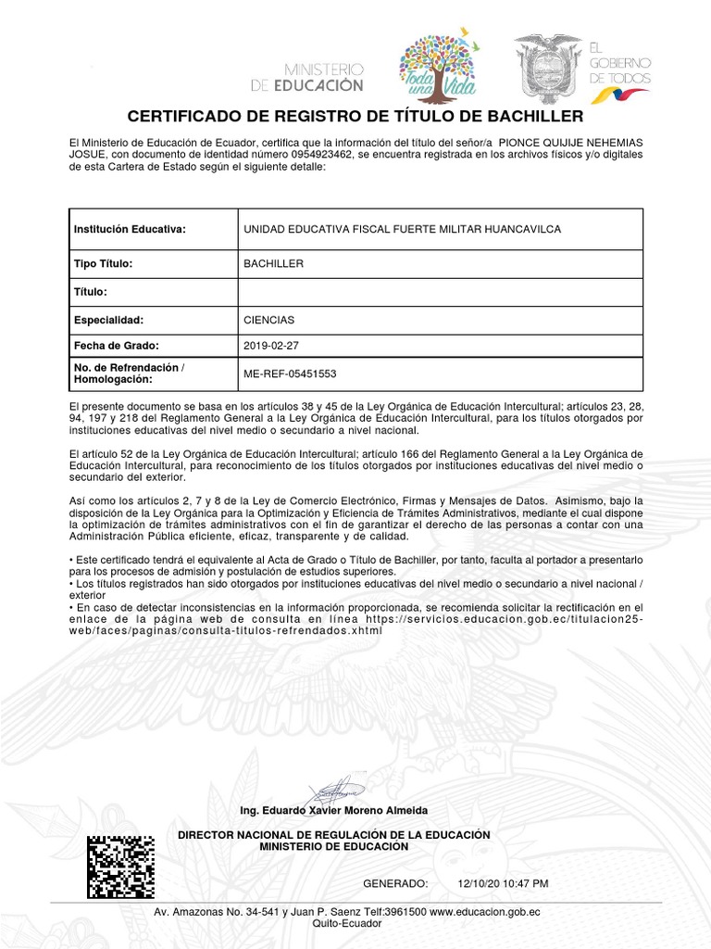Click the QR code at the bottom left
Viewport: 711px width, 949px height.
tap(120, 867)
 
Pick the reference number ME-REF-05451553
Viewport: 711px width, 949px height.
tap(290, 374)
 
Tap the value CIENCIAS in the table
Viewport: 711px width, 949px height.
tap(268, 320)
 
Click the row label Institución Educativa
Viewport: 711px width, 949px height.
tap(130, 229)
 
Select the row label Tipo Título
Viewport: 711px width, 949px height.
tap(104, 264)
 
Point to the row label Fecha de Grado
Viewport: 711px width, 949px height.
tap(117, 346)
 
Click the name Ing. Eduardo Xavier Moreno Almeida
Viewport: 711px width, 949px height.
tap(333, 810)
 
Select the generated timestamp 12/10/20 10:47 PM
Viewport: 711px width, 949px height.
tap(503, 883)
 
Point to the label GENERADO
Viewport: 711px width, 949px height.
tap(395, 883)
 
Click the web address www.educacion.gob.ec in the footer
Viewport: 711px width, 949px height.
tap(484, 912)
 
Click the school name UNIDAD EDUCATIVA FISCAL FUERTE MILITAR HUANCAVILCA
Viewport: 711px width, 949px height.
tap(401, 229)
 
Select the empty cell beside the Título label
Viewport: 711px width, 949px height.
tap(441, 292)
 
